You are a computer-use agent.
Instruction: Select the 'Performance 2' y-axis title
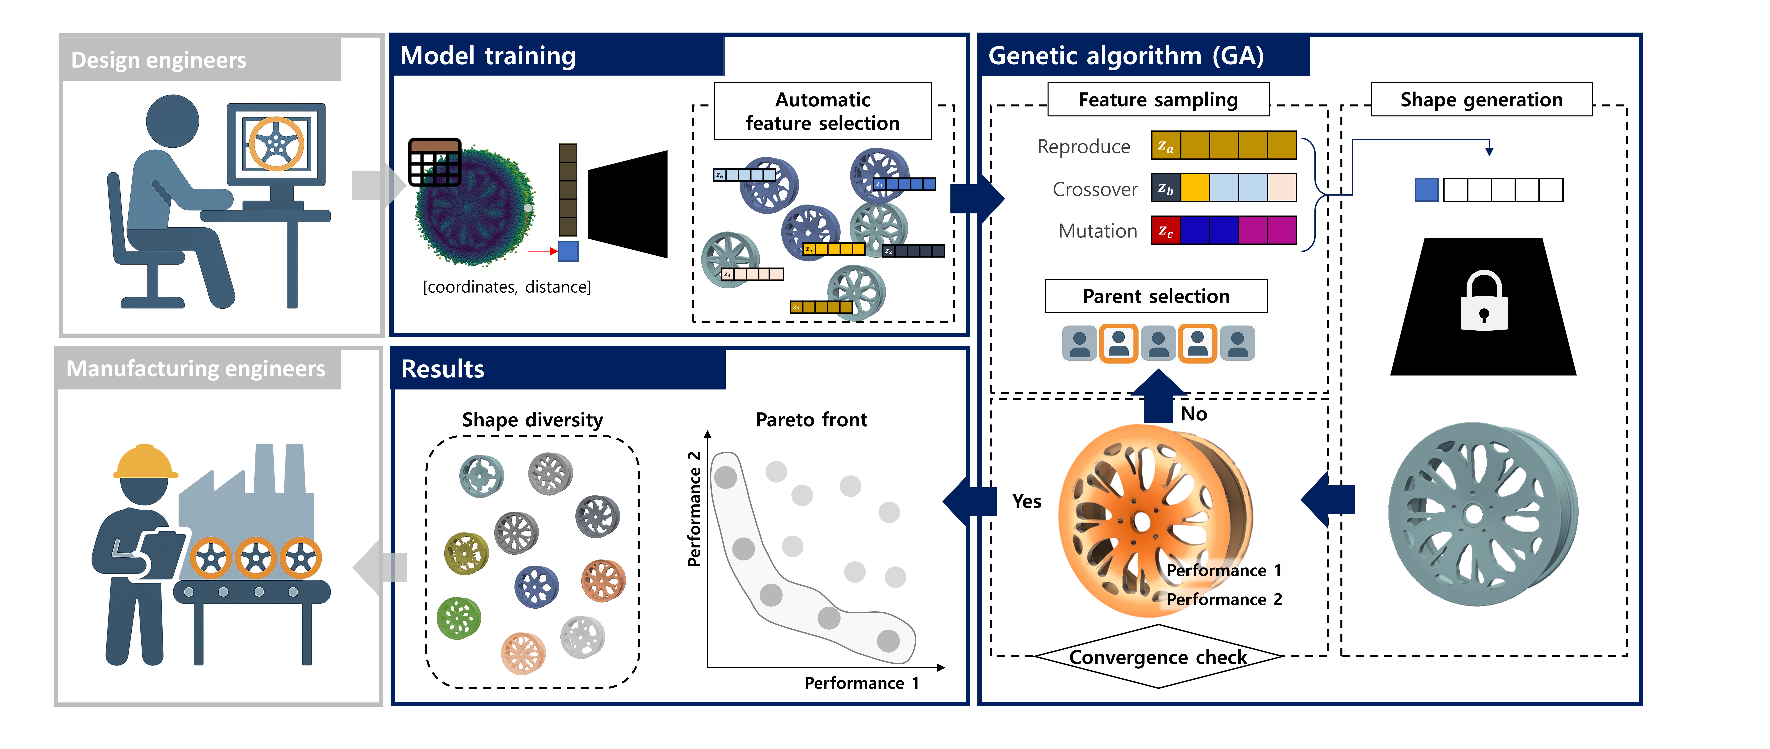click(x=694, y=509)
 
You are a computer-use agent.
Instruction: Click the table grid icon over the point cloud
click(x=434, y=162)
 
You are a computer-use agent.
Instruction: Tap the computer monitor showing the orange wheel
click(x=276, y=144)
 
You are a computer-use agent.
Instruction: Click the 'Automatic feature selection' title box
click(x=823, y=111)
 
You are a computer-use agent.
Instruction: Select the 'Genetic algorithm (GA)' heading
click(x=1125, y=56)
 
